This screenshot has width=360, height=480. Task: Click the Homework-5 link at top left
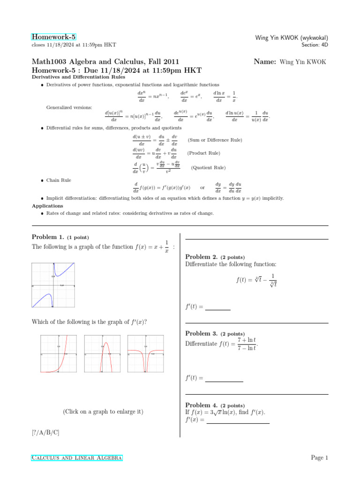(x=53, y=37)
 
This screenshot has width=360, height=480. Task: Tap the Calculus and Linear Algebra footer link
(x=77, y=457)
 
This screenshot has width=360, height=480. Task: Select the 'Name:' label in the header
(x=264, y=61)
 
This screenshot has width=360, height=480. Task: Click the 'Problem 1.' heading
(x=48, y=237)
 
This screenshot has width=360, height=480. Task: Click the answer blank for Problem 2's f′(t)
(x=218, y=307)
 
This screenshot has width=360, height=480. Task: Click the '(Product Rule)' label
(x=203, y=153)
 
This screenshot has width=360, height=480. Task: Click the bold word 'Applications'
(x=47, y=206)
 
